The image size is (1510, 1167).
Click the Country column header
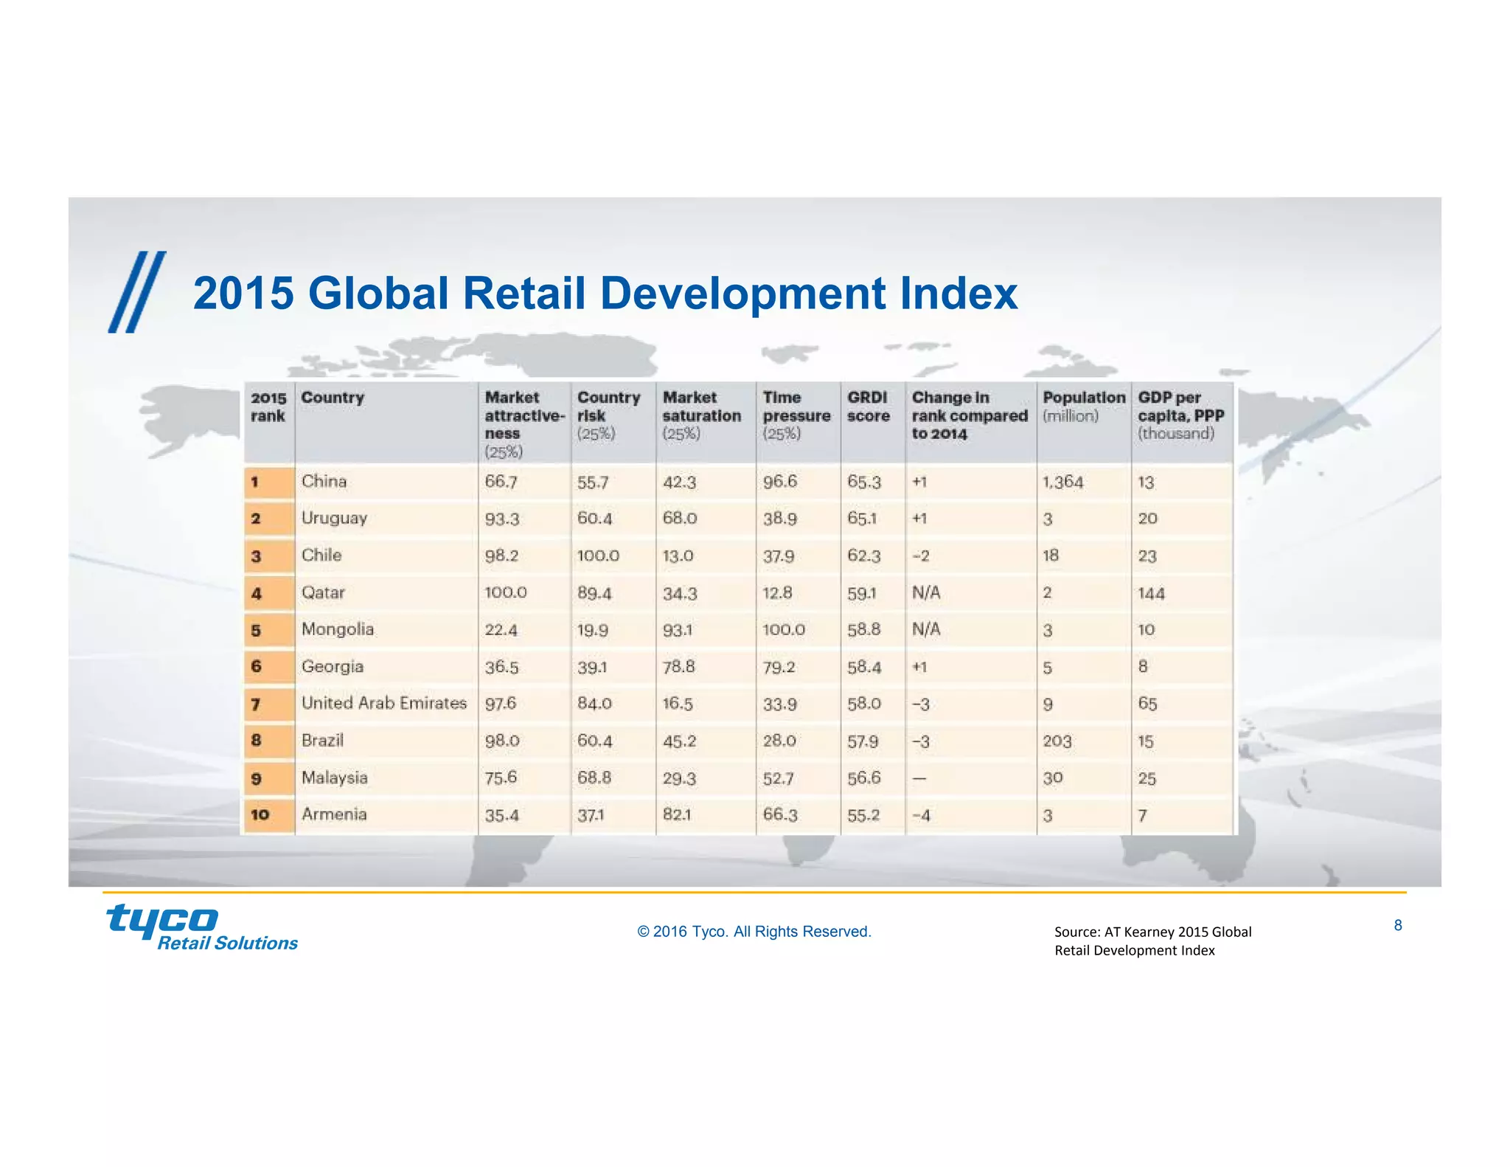tap(333, 398)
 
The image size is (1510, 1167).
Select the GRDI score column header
tap(867, 406)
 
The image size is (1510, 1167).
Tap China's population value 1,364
tap(1062, 482)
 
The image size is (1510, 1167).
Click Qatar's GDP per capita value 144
tap(1151, 593)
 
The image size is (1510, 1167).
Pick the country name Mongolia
tap(337, 629)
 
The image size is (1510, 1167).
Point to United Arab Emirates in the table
tap(383, 703)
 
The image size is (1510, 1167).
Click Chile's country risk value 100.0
tap(598, 555)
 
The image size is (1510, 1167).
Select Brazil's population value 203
tap(1057, 741)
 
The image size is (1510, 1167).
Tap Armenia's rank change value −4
tap(921, 815)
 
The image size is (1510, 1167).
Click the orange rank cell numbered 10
tap(260, 814)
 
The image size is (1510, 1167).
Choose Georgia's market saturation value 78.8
tap(678, 667)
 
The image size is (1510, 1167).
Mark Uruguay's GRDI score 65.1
tap(862, 519)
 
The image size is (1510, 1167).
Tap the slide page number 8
tap(1397, 925)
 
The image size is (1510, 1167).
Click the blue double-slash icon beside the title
tap(137, 292)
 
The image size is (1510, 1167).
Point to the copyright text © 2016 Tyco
tap(754, 932)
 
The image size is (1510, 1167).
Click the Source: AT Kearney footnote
tap(1152, 941)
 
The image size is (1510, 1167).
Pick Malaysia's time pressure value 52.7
tap(778, 778)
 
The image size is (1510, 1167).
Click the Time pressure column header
tap(796, 415)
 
